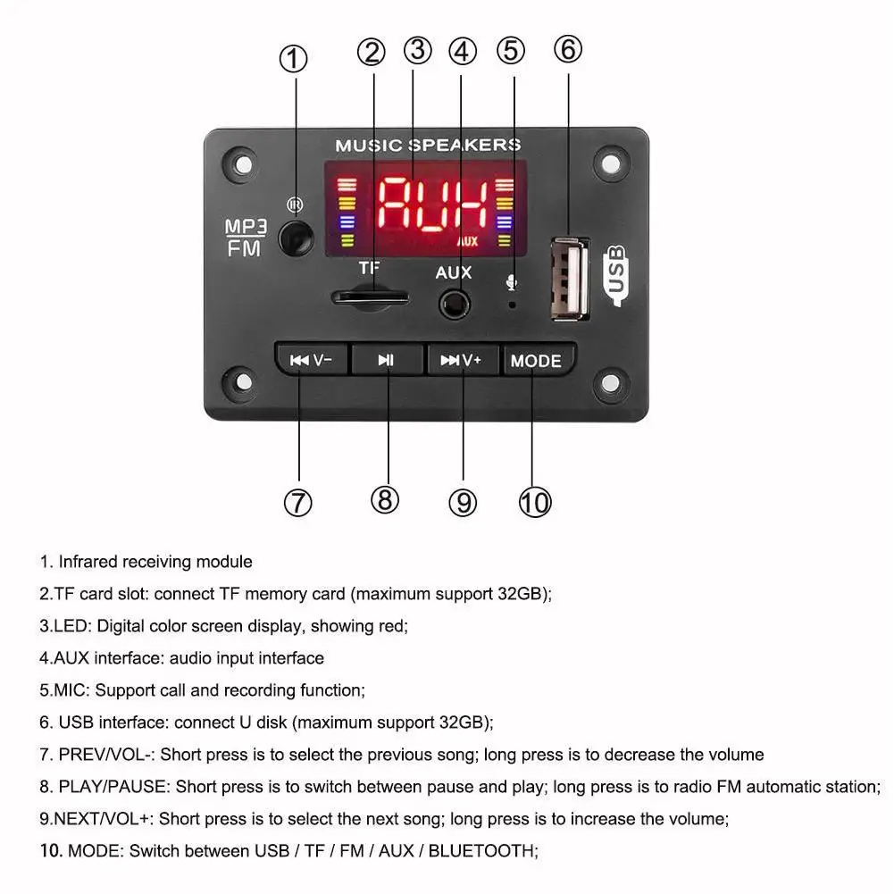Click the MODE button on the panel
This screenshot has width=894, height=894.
tap(536, 361)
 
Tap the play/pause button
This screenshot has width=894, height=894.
tap(386, 361)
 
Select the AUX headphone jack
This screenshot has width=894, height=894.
tap(454, 305)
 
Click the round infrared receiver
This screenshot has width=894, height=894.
tap(297, 238)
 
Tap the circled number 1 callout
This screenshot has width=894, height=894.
tap(294, 60)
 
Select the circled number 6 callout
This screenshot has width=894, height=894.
tap(568, 48)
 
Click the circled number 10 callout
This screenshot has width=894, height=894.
tap(535, 502)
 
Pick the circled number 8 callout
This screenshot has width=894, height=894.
tap(385, 499)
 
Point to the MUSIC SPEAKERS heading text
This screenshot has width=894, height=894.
tap(427, 145)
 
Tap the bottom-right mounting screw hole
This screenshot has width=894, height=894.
tap(610, 381)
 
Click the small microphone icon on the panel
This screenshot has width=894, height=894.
tap(511, 282)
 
